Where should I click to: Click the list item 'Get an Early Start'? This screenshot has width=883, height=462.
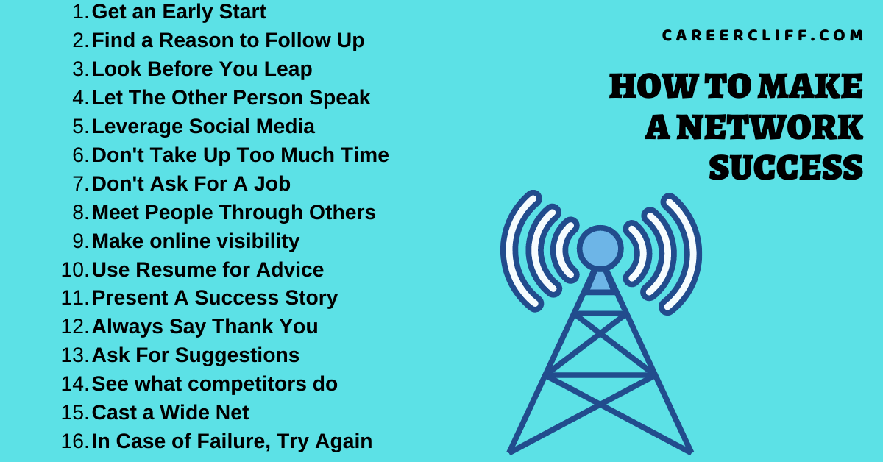(179, 12)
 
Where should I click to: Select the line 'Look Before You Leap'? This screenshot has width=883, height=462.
(202, 69)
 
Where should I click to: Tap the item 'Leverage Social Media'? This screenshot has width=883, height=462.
(203, 127)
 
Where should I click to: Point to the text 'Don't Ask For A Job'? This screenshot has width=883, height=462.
(191, 184)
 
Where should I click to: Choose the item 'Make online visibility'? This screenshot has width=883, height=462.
(195, 241)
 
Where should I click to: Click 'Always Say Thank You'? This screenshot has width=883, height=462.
(205, 327)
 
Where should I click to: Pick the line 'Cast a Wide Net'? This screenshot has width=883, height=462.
(170, 413)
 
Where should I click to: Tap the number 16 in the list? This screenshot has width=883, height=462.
(74, 441)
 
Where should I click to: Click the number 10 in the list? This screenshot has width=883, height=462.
(74, 270)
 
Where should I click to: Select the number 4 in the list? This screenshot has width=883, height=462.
(79, 98)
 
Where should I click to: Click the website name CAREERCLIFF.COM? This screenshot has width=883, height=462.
(762, 36)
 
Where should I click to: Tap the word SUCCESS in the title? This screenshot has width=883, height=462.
(785, 168)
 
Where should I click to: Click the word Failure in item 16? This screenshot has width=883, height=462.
(212, 441)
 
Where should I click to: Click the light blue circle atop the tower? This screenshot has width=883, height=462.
(600, 248)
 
